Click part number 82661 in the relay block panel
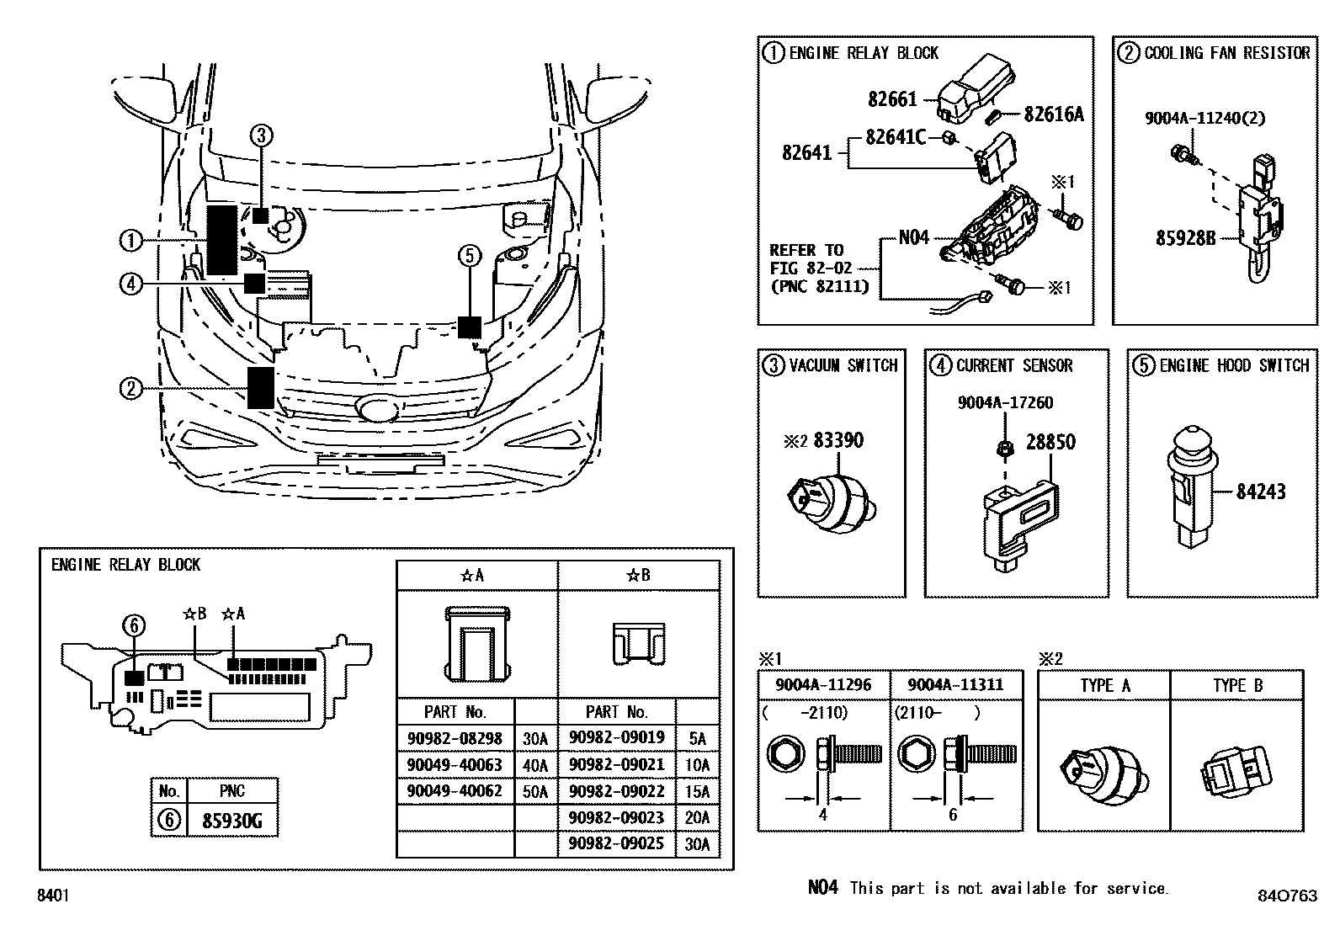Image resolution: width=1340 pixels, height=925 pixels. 892,100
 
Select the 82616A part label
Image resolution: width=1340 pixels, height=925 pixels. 1054,114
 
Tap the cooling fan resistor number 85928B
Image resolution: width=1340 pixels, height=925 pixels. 1185,238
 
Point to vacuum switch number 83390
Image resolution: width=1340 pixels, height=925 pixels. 837,440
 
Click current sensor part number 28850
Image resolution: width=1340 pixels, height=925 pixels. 1050,442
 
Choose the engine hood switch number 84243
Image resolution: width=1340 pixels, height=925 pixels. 1260,492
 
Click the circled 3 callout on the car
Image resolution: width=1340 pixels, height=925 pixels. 261,135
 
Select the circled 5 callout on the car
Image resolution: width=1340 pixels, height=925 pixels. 470,254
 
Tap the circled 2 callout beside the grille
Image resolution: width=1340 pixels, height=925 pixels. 130,389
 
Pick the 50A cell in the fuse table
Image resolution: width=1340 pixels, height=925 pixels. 534,792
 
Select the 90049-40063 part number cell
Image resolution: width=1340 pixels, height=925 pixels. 455,765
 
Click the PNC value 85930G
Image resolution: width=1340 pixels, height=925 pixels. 231,821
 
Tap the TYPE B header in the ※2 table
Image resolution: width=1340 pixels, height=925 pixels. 1237,685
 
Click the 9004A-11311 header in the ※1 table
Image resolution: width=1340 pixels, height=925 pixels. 957,684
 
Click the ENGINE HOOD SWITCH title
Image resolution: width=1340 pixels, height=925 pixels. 1233,366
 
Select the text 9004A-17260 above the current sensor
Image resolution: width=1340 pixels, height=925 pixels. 1005,403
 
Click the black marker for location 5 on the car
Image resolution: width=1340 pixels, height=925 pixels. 470,327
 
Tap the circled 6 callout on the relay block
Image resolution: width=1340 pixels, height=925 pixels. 134,625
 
